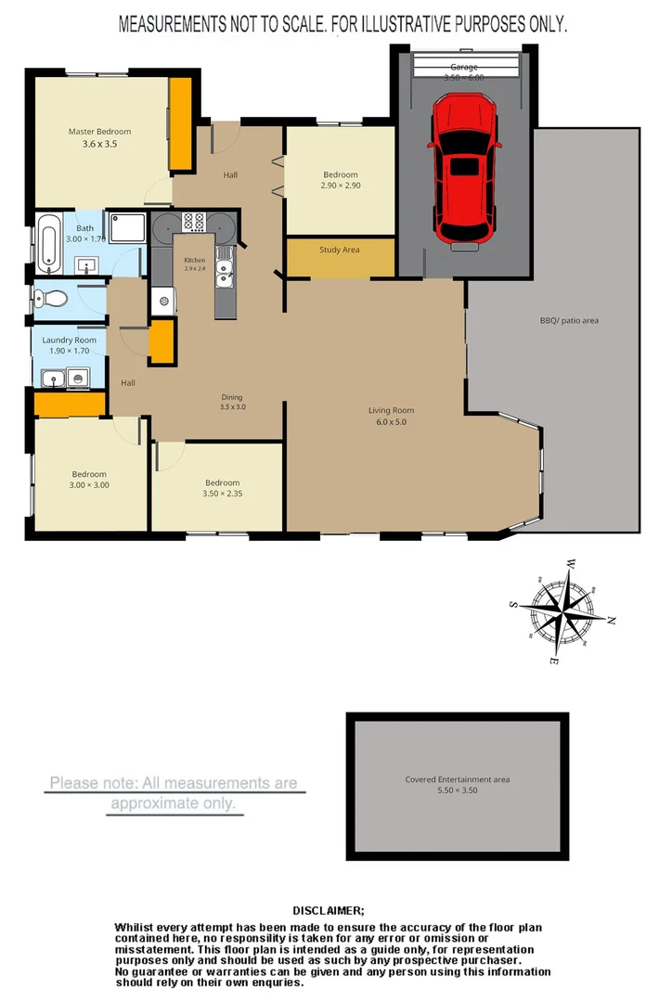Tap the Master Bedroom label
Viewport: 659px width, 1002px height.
(x=99, y=132)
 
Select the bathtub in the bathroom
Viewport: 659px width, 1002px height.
(x=50, y=243)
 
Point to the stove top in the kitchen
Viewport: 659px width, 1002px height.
(x=195, y=222)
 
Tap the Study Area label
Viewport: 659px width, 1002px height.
(x=339, y=250)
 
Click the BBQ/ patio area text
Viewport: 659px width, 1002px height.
(x=569, y=321)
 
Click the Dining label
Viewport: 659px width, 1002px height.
(x=232, y=396)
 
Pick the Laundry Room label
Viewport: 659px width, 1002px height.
(x=69, y=340)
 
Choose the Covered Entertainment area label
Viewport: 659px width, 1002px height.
(x=457, y=779)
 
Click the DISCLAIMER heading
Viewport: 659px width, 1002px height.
(x=329, y=911)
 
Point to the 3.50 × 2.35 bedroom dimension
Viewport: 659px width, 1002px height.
(x=222, y=495)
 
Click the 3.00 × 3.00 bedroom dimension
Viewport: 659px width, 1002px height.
(x=89, y=485)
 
